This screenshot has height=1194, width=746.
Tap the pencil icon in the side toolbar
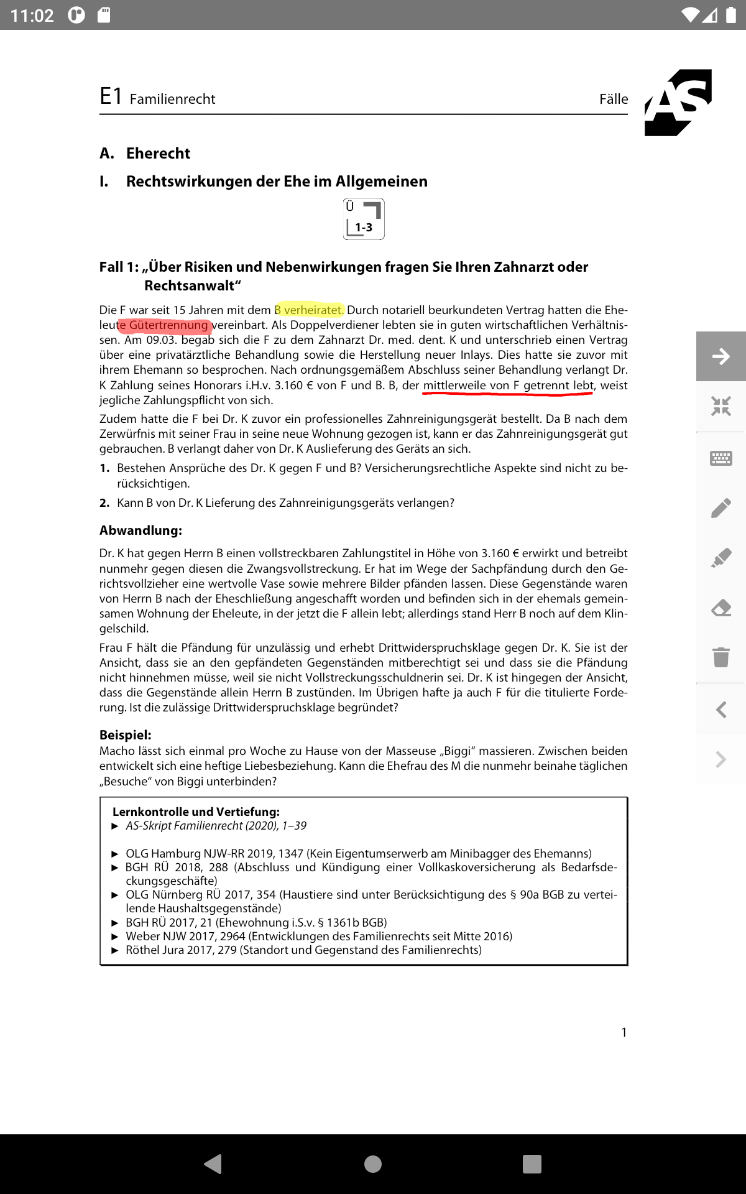click(721, 508)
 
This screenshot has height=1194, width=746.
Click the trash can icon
click(721, 657)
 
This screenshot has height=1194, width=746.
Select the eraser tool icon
click(721, 608)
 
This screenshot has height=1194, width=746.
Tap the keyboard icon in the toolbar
click(721, 458)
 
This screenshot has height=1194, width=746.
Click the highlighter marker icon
click(721, 558)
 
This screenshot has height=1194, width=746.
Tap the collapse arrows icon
click(721, 406)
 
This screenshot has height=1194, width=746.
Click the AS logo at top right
click(678, 103)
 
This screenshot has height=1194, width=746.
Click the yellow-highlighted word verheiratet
click(313, 310)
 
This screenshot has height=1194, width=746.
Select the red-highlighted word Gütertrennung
click(168, 325)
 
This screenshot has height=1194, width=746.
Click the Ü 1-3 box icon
click(364, 219)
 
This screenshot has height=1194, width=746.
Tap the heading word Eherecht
click(158, 154)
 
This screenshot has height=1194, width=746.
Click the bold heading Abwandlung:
click(140, 530)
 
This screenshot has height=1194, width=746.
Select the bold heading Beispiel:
click(126, 735)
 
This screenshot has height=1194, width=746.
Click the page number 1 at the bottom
click(624, 1032)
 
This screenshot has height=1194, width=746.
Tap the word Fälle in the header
click(614, 99)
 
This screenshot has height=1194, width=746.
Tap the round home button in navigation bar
click(373, 1164)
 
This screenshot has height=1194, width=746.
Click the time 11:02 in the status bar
click(32, 16)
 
